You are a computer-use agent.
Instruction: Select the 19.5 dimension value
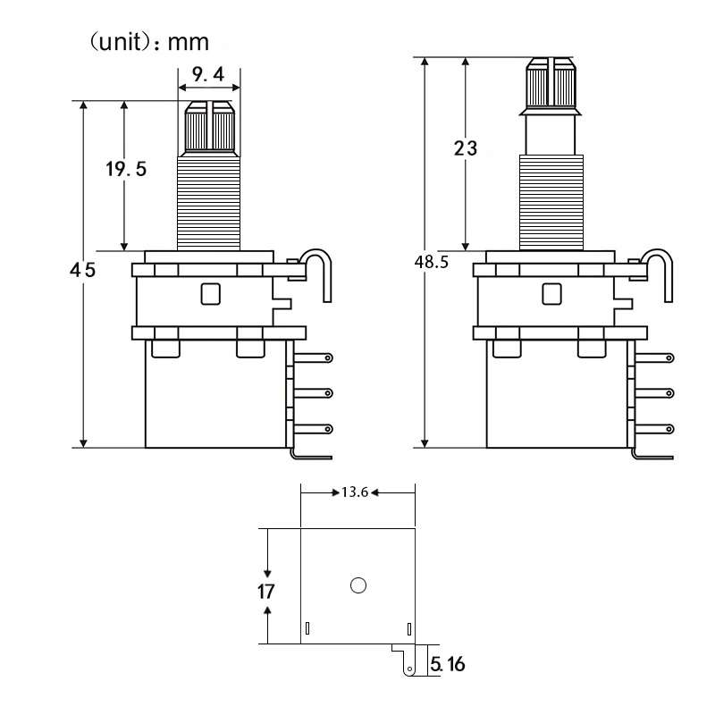(126, 169)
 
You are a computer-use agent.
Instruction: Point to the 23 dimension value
(466, 148)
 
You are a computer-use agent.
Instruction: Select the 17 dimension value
(265, 591)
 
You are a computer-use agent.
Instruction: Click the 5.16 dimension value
(448, 664)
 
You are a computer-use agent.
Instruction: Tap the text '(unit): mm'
(148, 41)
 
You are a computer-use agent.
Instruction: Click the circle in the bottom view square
(358, 585)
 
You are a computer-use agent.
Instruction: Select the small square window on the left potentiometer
(211, 292)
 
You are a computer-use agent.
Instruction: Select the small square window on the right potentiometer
(552, 292)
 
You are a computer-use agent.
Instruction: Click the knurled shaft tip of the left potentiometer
(210, 128)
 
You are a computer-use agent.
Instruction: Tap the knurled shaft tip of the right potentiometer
(551, 82)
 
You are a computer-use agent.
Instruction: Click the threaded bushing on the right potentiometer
(551, 201)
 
